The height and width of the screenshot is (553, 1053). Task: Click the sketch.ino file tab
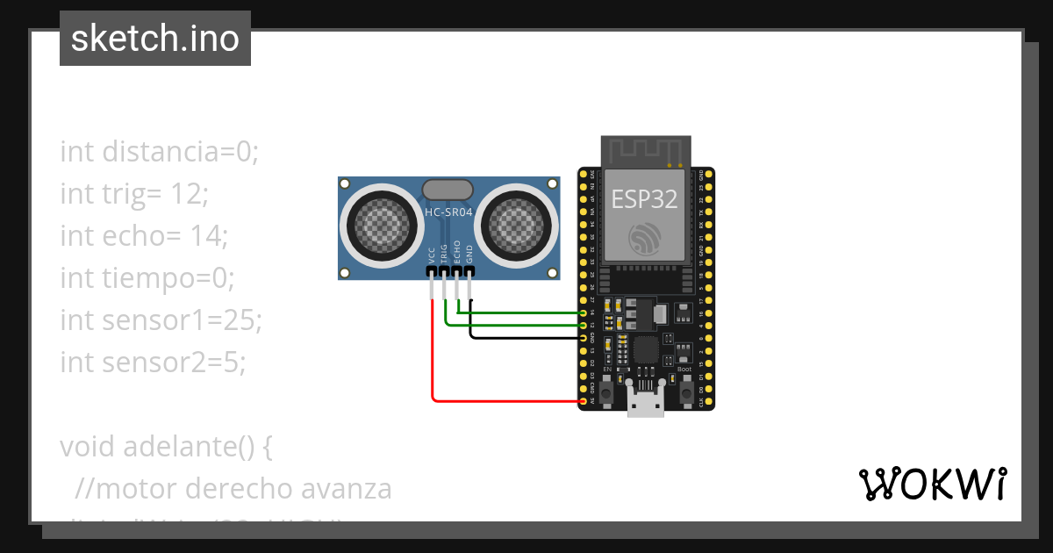pyautogui.click(x=155, y=39)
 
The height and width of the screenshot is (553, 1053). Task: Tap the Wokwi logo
pyautogui.click(x=931, y=484)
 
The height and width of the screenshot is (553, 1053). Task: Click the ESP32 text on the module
pyautogui.click(x=645, y=199)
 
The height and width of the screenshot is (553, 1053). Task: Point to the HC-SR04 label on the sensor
pyautogui.click(x=448, y=212)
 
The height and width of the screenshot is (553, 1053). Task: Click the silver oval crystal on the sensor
pyautogui.click(x=448, y=189)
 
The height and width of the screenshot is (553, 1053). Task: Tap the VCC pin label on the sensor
pyautogui.click(x=432, y=255)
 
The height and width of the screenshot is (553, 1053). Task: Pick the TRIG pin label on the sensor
pyautogui.click(x=445, y=253)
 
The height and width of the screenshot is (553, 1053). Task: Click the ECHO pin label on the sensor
pyautogui.click(x=457, y=253)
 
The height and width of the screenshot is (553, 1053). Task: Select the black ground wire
pyautogui.click(x=526, y=338)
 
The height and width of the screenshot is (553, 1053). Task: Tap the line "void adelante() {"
pyautogui.click(x=167, y=446)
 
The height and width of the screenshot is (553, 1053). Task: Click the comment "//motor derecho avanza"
pyautogui.click(x=233, y=488)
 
